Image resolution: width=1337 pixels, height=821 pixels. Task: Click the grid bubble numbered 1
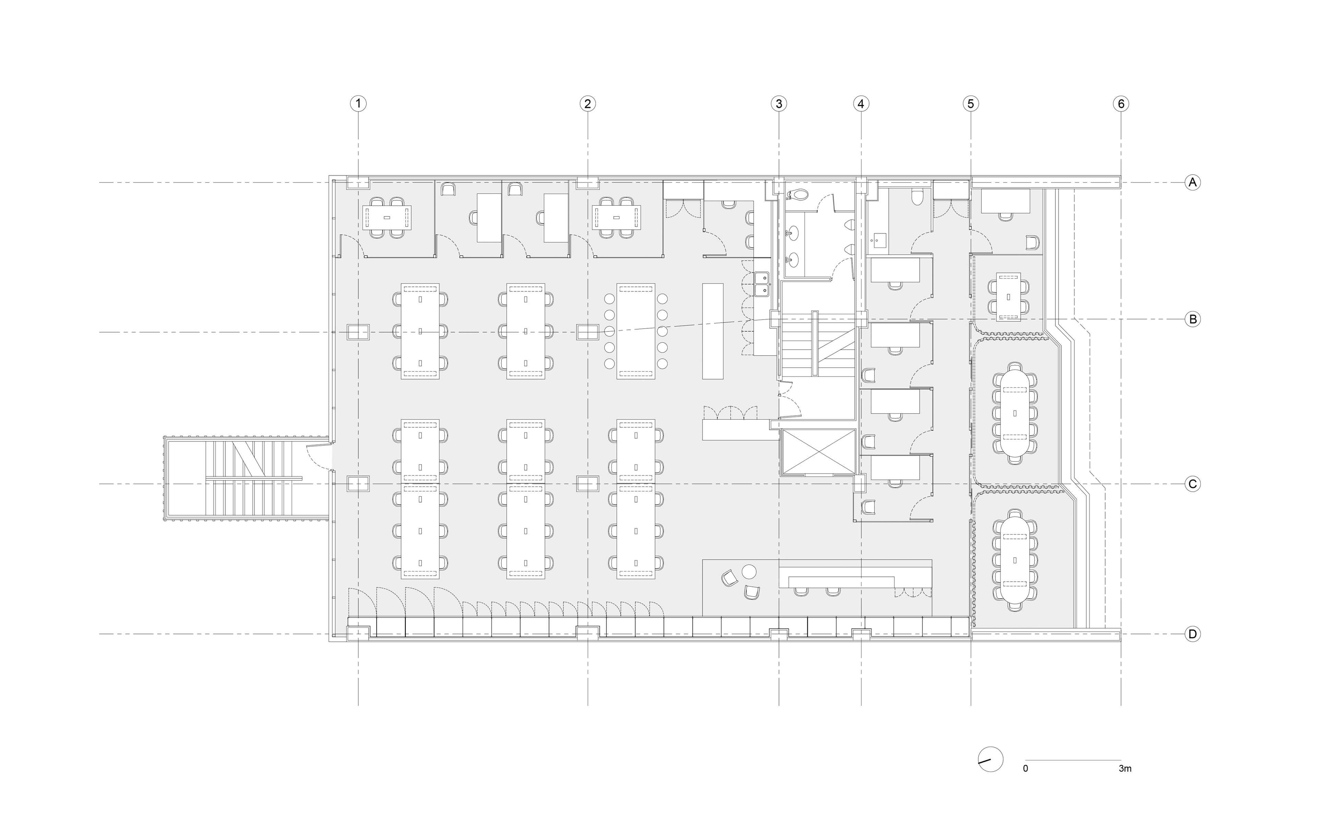click(358, 103)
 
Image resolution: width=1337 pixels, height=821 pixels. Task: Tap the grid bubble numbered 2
click(588, 103)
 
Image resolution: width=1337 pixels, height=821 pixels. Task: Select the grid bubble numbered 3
click(779, 103)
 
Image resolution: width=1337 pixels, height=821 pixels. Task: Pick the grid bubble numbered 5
click(971, 103)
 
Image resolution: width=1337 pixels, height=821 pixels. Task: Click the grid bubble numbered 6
click(1121, 103)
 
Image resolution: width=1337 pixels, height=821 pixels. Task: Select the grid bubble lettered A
click(1193, 182)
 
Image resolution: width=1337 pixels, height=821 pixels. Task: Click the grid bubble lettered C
click(1193, 484)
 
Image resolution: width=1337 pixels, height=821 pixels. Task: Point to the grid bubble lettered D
click(1193, 634)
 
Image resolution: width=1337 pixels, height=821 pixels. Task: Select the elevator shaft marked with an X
click(817, 452)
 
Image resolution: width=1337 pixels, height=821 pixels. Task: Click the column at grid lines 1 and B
click(358, 332)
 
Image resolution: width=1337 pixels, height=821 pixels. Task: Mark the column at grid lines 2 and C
click(588, 484)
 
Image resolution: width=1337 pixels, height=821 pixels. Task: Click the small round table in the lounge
click(749, 571)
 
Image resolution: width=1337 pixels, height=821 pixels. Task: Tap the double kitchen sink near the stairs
click(761, 285)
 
